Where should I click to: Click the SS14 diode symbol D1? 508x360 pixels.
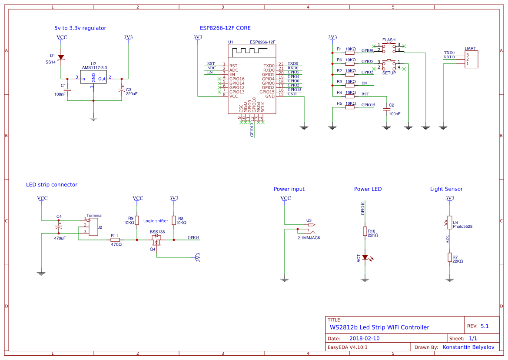tap(61, 57)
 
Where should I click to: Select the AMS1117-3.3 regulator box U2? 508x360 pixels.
tap(93, 78)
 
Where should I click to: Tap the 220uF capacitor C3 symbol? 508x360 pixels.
tap(122, 90)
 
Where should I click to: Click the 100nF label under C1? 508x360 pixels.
tap(60, 94)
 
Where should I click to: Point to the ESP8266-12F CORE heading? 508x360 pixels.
tap(225, 28)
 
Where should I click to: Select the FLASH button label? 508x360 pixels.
tap(388, 40)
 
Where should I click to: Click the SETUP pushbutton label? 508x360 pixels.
tap(389, 73)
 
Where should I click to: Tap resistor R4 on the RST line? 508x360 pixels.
tap(350, 97)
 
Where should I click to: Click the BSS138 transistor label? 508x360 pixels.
tap(157, 232)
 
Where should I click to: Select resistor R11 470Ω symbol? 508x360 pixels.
tap(115, 240)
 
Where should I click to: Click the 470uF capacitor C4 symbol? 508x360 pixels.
tap(59, 228)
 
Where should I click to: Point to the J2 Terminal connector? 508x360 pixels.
tap(93, 227)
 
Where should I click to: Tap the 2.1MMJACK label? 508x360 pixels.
tap(309, 238)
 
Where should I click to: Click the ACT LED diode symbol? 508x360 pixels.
tap(365, 257)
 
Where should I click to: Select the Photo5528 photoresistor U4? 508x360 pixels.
tap(449, 222)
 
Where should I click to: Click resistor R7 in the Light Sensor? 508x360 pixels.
tap(449, 257)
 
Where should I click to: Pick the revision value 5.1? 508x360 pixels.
tap(484, 326)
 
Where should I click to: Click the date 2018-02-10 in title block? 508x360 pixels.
tap(364, 338)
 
